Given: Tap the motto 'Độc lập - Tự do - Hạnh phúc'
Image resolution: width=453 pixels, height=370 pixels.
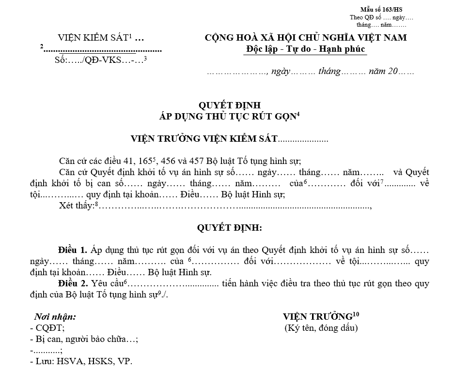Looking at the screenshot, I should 306,49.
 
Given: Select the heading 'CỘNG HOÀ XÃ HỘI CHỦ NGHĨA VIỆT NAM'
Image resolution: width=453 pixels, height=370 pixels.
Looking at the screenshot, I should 306,38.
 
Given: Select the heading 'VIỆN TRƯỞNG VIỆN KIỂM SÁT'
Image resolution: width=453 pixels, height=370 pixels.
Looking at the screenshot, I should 204,139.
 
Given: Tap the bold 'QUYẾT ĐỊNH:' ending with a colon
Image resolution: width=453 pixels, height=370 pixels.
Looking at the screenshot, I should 229,228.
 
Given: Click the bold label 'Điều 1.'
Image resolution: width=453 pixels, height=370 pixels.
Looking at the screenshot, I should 73,250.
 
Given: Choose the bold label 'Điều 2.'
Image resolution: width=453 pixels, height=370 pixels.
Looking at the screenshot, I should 73,284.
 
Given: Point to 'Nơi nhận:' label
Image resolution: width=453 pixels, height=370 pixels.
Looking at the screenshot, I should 55,317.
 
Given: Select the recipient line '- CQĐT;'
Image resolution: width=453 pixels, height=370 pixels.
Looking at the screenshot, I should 47,328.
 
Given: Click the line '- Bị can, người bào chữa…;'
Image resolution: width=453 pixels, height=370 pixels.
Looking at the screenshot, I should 84,339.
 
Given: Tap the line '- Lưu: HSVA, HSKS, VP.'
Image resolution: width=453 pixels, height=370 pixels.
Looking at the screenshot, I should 81,361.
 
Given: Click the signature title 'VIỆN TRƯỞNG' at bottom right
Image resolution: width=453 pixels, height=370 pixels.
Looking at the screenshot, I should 318,317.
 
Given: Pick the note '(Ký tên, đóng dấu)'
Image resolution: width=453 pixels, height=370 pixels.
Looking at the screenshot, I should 321,328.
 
